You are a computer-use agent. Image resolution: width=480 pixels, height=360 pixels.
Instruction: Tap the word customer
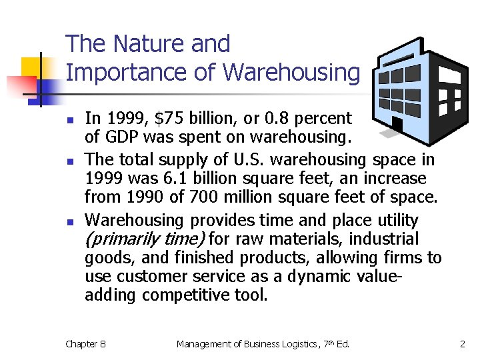point(149,277)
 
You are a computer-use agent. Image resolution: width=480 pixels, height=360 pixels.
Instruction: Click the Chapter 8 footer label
point(85,344)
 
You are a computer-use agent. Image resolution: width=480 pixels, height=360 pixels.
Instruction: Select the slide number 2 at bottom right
point(462,344)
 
